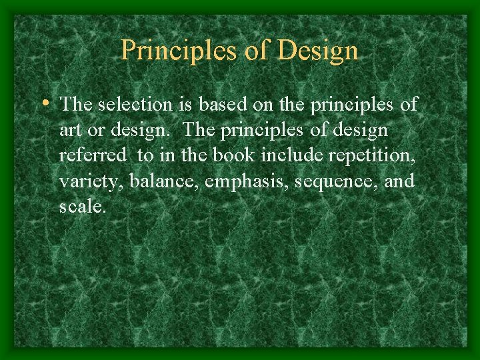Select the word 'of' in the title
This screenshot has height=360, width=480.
[253, 50]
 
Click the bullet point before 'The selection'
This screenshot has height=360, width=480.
[45, 103]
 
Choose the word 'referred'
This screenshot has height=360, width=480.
[93, 156]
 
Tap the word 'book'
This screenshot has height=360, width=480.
[235, 156]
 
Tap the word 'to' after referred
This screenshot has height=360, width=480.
[145, 156]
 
